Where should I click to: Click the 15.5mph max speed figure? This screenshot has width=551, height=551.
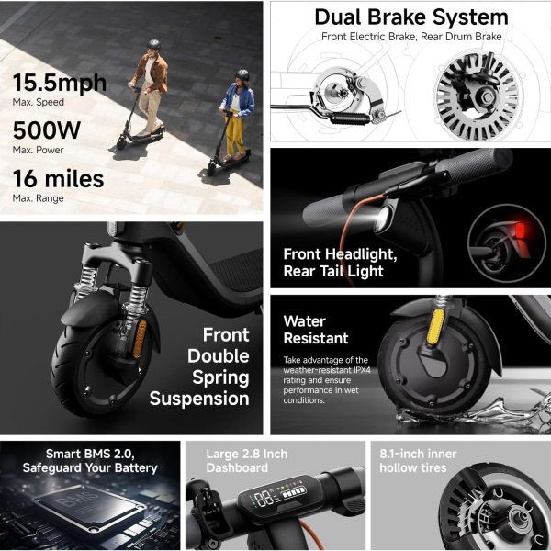click(60, 84)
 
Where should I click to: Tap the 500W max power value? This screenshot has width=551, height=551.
click(47, 130)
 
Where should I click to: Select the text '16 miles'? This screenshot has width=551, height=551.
click(59, 178)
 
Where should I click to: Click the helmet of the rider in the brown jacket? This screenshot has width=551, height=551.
click(153, 44)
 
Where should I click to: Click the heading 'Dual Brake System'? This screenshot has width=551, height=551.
click(411, 17)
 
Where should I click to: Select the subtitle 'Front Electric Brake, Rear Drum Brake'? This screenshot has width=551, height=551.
click(411, 37)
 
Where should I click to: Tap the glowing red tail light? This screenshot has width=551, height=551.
click(520, 231)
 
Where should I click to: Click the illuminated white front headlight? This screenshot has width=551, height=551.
click(381, 218)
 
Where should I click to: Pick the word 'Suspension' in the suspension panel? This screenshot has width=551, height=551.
click(199, 399)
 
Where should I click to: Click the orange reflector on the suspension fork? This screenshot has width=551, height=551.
click(140, 338)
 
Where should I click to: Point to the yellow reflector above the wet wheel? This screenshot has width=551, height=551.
click(435, 326)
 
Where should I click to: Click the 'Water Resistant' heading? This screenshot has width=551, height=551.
click(316, 330)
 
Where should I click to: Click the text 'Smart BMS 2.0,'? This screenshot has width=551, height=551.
click(90, 454)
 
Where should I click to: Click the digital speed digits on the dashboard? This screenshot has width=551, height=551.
click(264, 499)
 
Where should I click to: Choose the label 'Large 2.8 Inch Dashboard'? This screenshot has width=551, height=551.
click(247, 461)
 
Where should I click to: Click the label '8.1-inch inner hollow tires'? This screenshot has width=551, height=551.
click(418, 461)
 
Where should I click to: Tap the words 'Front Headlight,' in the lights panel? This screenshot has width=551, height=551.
click(340, 254)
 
